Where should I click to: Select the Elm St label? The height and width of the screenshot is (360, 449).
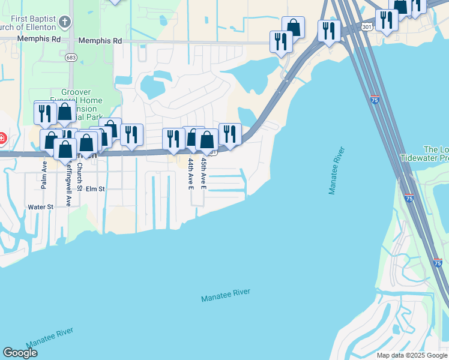95,189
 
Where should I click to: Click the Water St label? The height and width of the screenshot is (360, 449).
41,207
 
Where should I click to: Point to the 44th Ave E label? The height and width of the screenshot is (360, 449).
190,175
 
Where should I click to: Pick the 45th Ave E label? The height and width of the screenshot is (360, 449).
203,175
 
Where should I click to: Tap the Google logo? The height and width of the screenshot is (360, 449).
20,353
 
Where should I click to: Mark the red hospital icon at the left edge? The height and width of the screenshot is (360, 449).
2,139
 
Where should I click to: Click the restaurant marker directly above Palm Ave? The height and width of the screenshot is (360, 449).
45,113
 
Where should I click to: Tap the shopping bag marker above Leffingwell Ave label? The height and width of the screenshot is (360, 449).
65,148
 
